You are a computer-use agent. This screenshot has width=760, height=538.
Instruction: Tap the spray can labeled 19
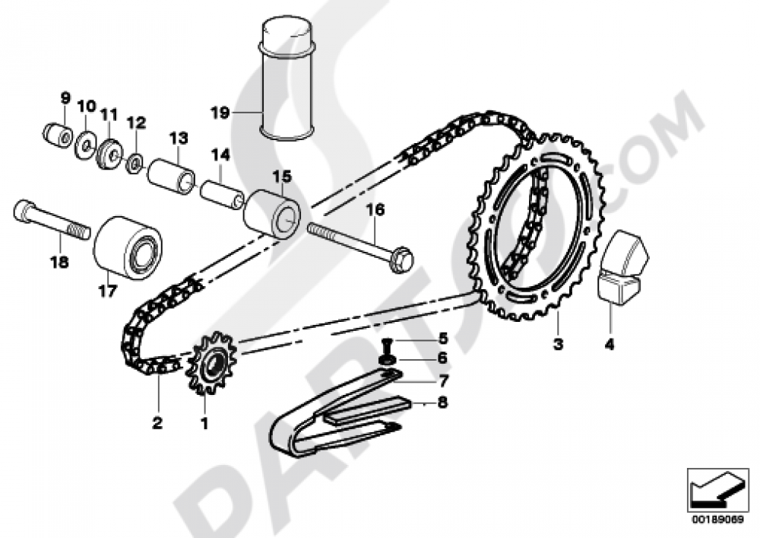click(x=288, y=79)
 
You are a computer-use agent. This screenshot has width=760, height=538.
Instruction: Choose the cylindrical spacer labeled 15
click(x=272, y=215)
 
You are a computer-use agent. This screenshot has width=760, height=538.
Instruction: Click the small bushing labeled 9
click(x=57, y=135)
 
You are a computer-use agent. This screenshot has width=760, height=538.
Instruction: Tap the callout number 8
click(x=442, y=402)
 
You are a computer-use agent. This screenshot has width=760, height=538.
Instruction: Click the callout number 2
click(x=157, y=423)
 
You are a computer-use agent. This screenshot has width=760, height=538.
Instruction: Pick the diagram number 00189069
click(x=718, y=519)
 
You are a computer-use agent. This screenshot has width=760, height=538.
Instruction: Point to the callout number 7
click(x=444, y=380)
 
